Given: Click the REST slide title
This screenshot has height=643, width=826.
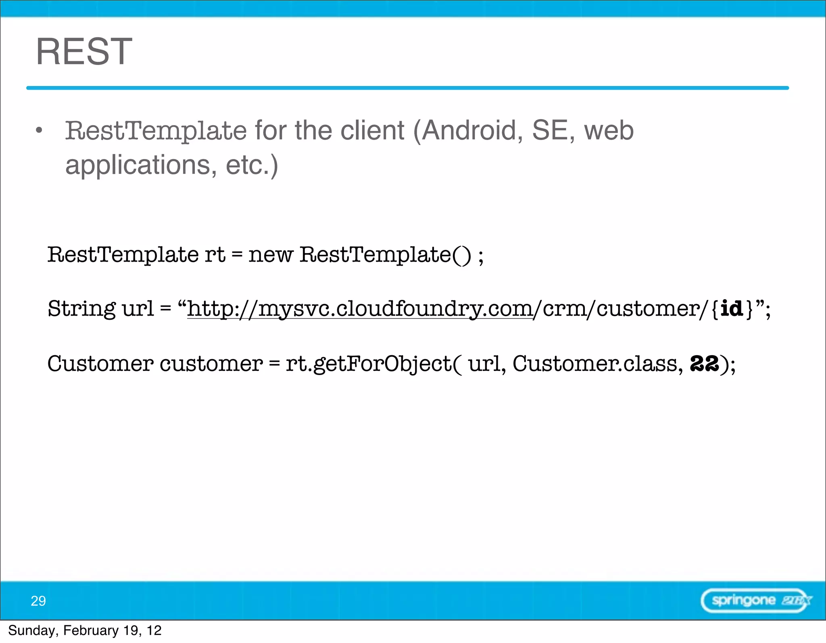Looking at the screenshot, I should tap(84, 51).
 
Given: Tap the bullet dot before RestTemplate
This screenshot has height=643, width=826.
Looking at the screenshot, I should tap(39, 130).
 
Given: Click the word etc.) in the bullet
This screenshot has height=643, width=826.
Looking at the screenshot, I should tap(252, 165).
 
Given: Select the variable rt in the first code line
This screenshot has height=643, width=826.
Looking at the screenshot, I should tap(215, 255).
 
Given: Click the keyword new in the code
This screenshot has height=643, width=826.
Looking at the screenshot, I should tap(270, 255).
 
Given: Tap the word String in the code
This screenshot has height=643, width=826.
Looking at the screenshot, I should tap(81, 309).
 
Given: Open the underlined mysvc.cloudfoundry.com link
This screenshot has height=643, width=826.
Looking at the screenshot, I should tap(360, 309).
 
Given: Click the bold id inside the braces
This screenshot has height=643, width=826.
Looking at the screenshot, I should tap(732, 309).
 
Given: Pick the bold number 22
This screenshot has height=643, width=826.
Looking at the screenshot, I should tap(704, 363).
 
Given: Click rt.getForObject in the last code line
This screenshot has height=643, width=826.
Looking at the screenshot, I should tap(369, 363).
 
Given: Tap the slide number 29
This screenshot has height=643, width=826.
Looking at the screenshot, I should tap(38, 601).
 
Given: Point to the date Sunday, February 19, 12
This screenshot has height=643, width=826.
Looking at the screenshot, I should tap(85, 630).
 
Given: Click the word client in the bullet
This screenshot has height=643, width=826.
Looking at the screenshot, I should tap(372, 130).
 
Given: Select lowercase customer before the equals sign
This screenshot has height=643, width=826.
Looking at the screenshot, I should tap(211, 363).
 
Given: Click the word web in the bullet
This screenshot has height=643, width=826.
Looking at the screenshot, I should tap(609, 130).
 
